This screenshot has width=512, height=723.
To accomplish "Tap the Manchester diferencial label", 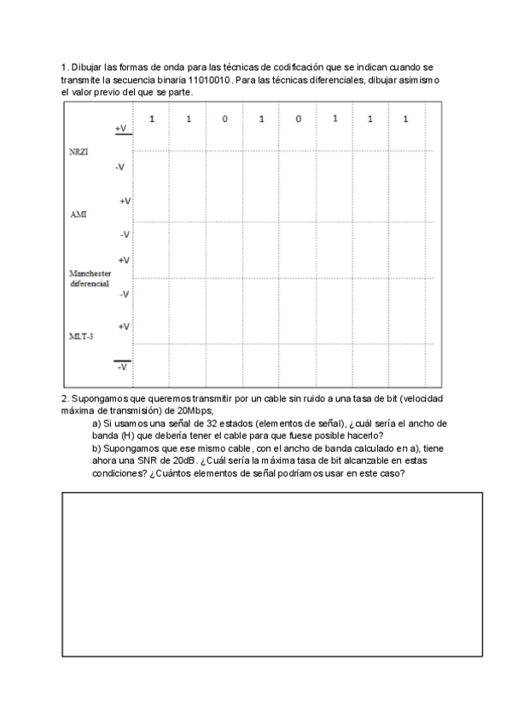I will [x=90, y=279].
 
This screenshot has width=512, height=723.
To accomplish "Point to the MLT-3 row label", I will [x=81, y=337].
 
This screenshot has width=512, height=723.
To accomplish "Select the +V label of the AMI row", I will [x=123, y=201].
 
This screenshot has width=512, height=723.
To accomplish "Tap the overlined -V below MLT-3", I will [x=123, y=367].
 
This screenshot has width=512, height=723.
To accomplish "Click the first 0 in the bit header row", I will [x=224, y=119].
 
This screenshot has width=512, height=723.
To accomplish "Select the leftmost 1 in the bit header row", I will [x=152, y=119].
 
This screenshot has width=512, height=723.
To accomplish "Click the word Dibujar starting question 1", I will [x=85, y=67].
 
